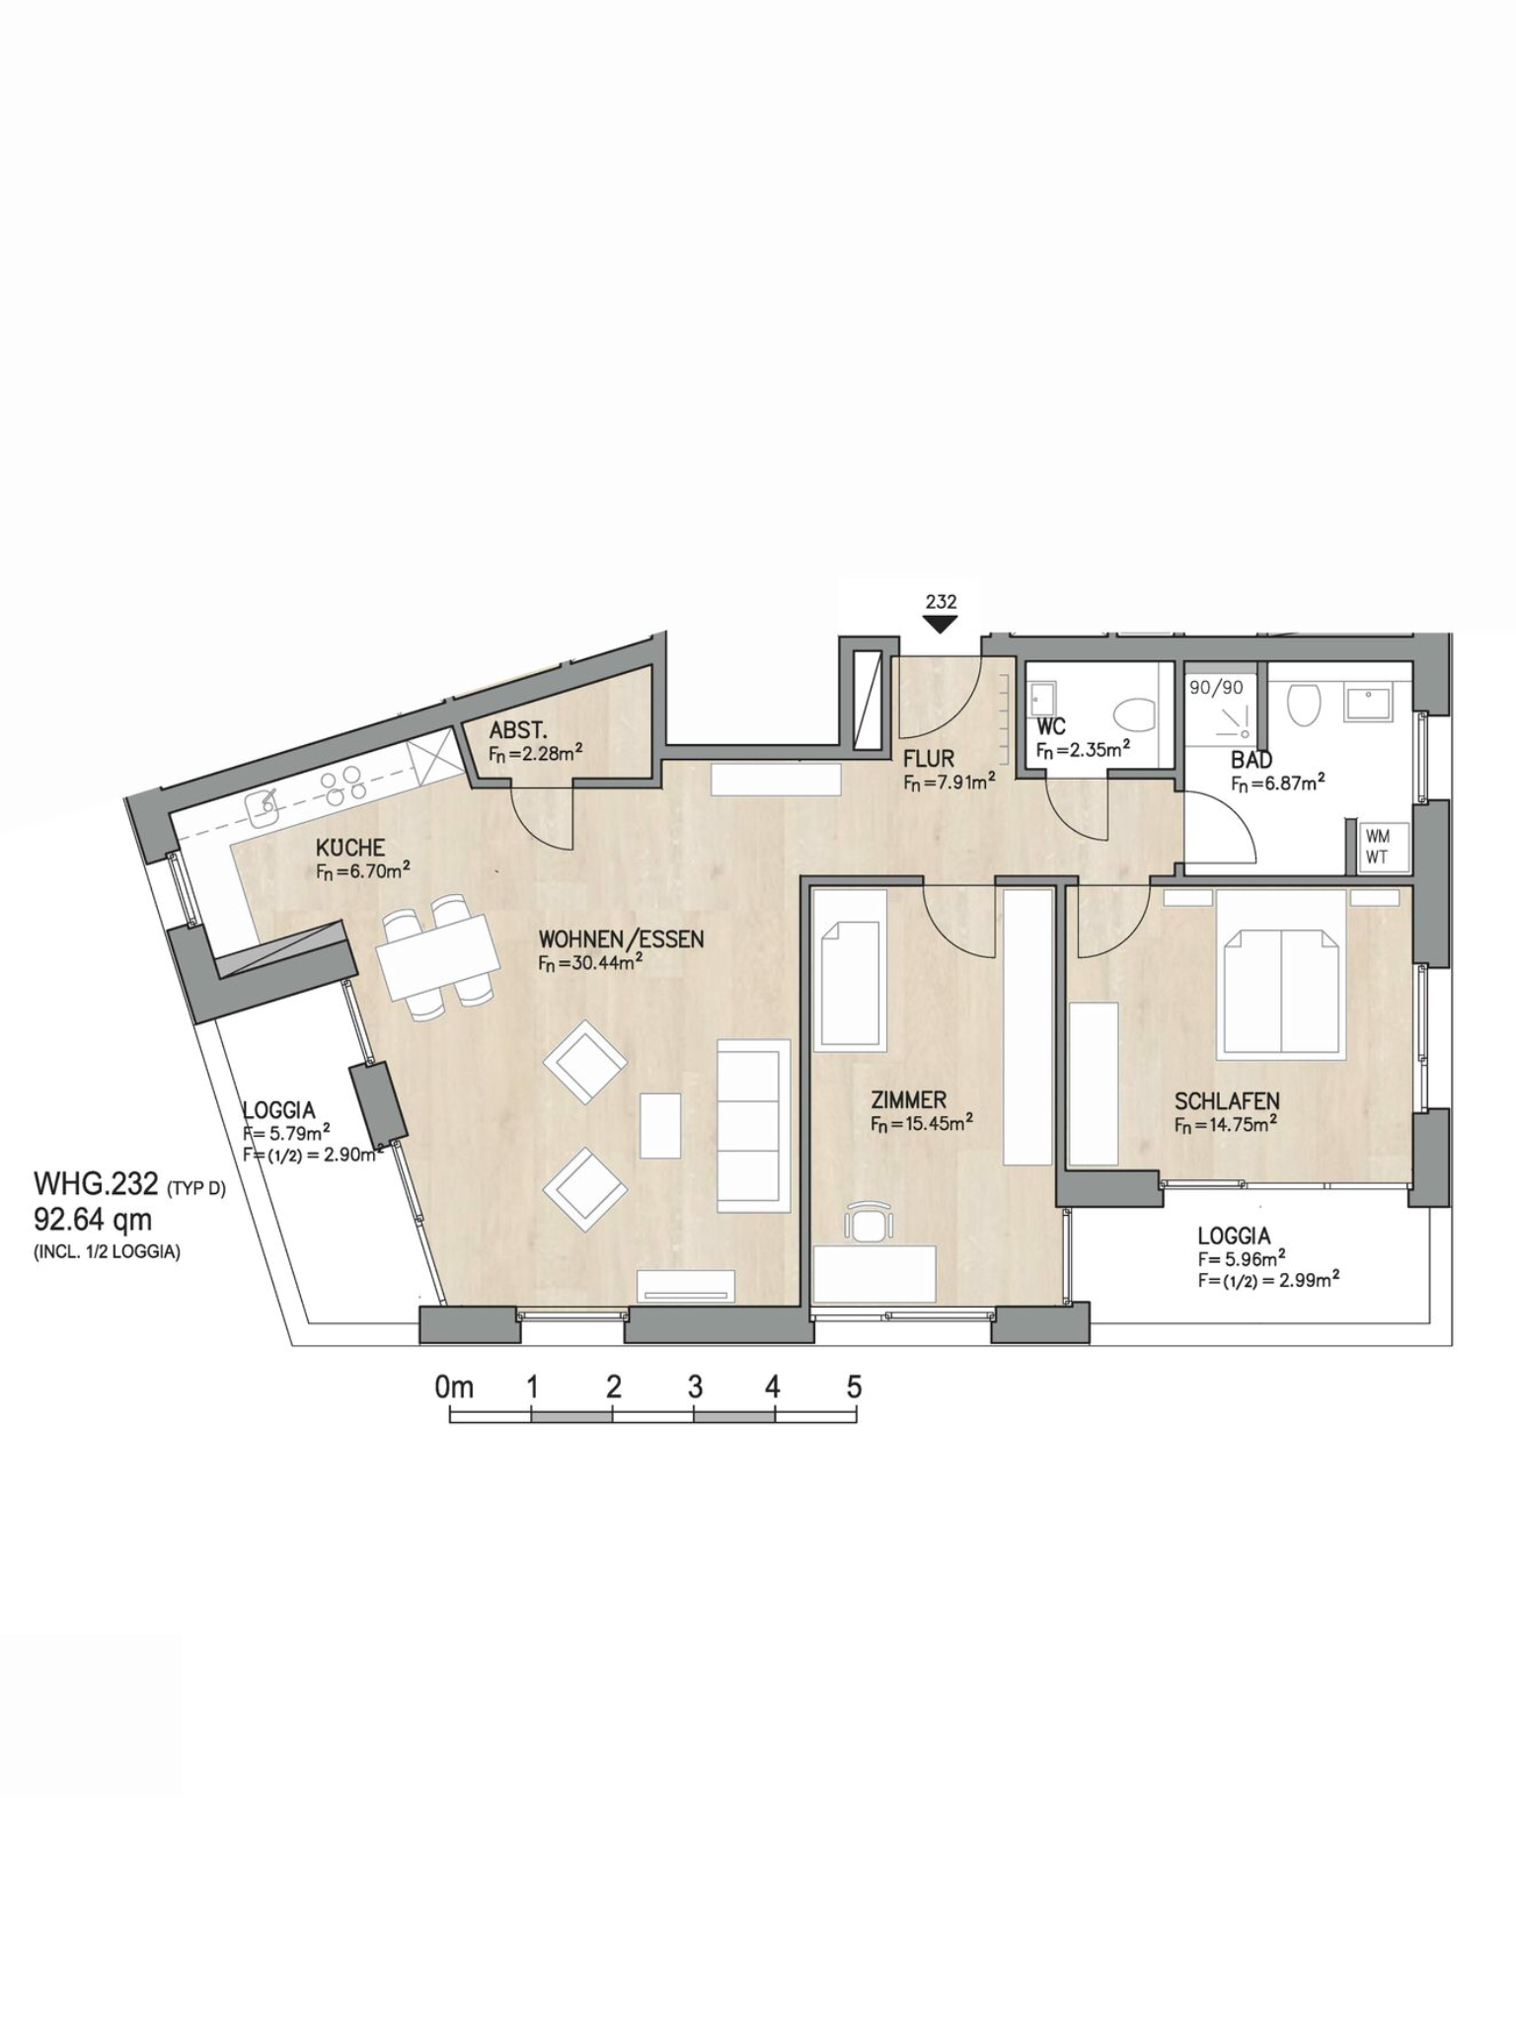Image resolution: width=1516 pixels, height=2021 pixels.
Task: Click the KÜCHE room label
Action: point(350,848)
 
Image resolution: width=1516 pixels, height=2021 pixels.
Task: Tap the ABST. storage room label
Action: point(518,731)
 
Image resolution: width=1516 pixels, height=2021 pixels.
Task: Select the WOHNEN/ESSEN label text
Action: point(621,938)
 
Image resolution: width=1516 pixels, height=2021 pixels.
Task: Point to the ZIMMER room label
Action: point(908,1099)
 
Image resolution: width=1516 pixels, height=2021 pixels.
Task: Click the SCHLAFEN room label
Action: point(1227,1100)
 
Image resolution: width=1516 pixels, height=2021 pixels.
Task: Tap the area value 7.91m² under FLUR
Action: point(948,783)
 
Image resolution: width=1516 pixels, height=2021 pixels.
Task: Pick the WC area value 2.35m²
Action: point(1083,749)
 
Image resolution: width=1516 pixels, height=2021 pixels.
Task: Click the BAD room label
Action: point(1251,760)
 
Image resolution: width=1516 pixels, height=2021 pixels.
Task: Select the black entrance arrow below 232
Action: point(941,624)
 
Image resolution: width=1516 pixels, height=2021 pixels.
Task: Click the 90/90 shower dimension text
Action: point(1216,687)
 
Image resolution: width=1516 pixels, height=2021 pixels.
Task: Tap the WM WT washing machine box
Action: point(1378,847)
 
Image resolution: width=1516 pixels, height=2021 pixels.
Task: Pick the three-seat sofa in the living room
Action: point(753,1125)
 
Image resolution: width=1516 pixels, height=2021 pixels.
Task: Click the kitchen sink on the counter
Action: point(264,809)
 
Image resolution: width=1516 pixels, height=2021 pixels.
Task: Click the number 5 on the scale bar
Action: point(854,1386)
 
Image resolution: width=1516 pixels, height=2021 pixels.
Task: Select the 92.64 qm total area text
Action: point(93,1221)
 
